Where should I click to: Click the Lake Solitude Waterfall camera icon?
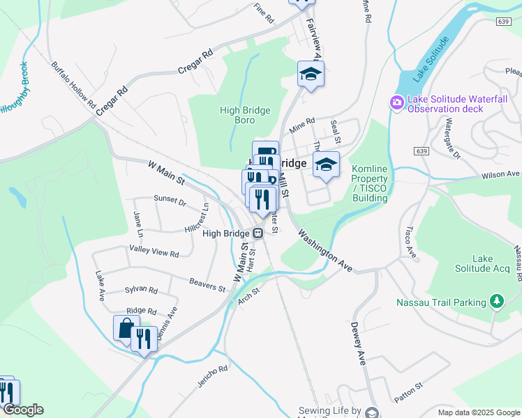click(397, 103)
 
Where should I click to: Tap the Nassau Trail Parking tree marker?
click(496, 302)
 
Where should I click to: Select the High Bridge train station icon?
click(258, 233)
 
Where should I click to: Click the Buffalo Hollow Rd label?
click(73, 84)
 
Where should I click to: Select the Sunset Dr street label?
click(170, 203)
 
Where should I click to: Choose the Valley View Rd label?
click(154, 250)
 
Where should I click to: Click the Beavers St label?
click(207, 284)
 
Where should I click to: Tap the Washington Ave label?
click(325, 250)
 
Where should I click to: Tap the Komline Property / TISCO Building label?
click(370, 183)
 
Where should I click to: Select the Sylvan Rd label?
click(141, 290)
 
